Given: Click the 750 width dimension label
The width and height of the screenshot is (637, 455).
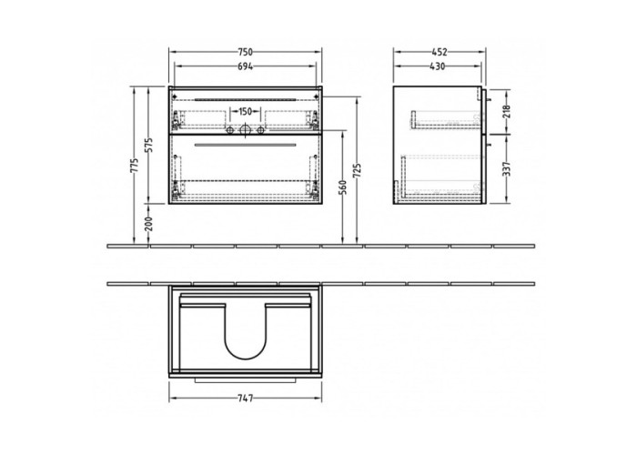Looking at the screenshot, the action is pos(246,52).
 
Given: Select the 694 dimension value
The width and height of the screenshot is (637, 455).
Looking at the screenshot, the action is pos(246,66).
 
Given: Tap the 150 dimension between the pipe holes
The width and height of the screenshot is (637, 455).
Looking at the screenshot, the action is pos(245,111).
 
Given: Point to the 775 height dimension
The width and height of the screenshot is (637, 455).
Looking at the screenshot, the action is pos(135,166).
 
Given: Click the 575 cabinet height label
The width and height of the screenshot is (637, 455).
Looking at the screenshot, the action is pos(148,145).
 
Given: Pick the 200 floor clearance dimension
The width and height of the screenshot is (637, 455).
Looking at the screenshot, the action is pos(148,224).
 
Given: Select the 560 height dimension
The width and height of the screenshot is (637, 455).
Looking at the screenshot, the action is pos(343,187).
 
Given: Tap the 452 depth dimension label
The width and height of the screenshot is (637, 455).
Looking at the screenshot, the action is pos(440,52).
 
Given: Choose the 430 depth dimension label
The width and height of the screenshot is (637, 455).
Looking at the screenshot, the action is pos(437,66).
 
